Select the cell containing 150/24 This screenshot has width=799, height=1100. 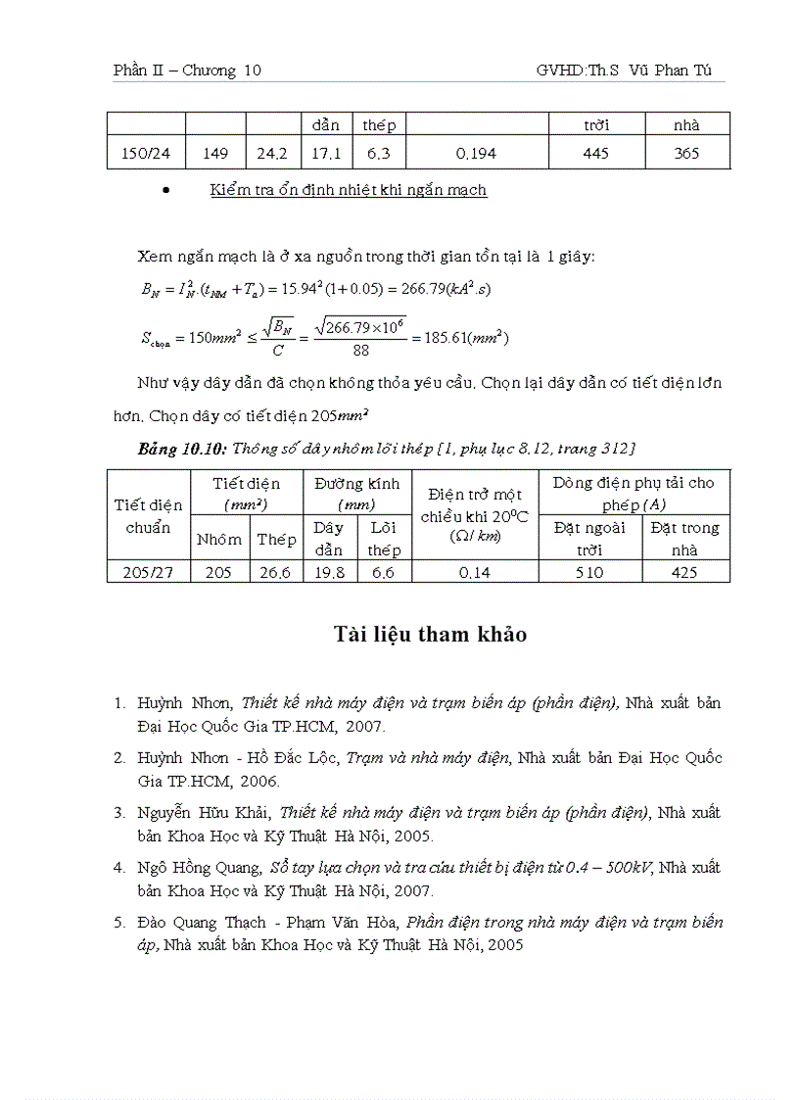pyautogui.click(x=145, y=154)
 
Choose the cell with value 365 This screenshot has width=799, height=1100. pyautogui.click(x=686, y=154)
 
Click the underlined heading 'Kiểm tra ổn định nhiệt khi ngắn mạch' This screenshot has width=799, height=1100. pyautogui.click(x=348, y=190)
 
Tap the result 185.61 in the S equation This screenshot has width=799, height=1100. pyautogui.click(x=433, y=338)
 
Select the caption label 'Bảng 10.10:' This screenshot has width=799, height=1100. pyautogui.click(x=183, y=448)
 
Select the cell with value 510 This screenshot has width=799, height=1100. pyautogui.click(x=589, y=573)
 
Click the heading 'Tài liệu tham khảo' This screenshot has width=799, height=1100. pyautogui.click(x=429, y=635)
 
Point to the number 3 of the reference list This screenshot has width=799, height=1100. pyautogui.click(x=118, y=813)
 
